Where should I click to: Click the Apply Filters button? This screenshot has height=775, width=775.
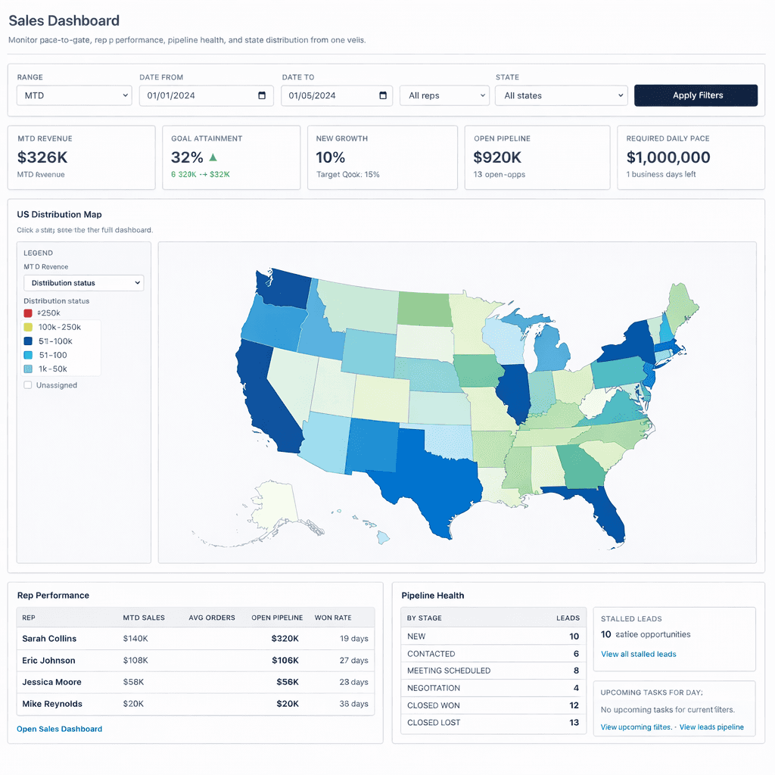[x=696, y=95]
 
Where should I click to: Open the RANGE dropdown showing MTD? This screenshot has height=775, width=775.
[x=74, y=95]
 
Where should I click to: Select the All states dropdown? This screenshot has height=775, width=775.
[x=561, y=95]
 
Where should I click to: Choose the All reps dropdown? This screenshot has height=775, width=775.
[x=444, y=95]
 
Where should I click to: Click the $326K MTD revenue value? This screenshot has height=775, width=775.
[x=42, y=157]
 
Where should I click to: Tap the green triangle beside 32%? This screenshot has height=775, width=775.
[x=213, y=157]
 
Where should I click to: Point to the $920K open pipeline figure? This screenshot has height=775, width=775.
[x=497, y=157]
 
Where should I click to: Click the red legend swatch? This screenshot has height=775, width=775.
[x=28, y=313]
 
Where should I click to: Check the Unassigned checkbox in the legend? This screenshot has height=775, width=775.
[x=28, y=385]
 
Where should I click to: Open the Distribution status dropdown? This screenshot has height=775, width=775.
[x=83, y=283]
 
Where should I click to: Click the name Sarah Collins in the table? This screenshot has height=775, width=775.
[x=49, y=639]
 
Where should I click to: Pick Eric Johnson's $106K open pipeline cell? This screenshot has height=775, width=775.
[x=285, y=661]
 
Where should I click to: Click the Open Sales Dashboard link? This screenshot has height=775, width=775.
[x=59, y=729]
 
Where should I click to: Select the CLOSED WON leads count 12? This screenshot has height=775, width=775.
[x=574, y=705]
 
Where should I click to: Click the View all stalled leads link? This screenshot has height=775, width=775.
[x=638, y=654]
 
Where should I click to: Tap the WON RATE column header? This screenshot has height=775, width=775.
[x=333, y=618]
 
